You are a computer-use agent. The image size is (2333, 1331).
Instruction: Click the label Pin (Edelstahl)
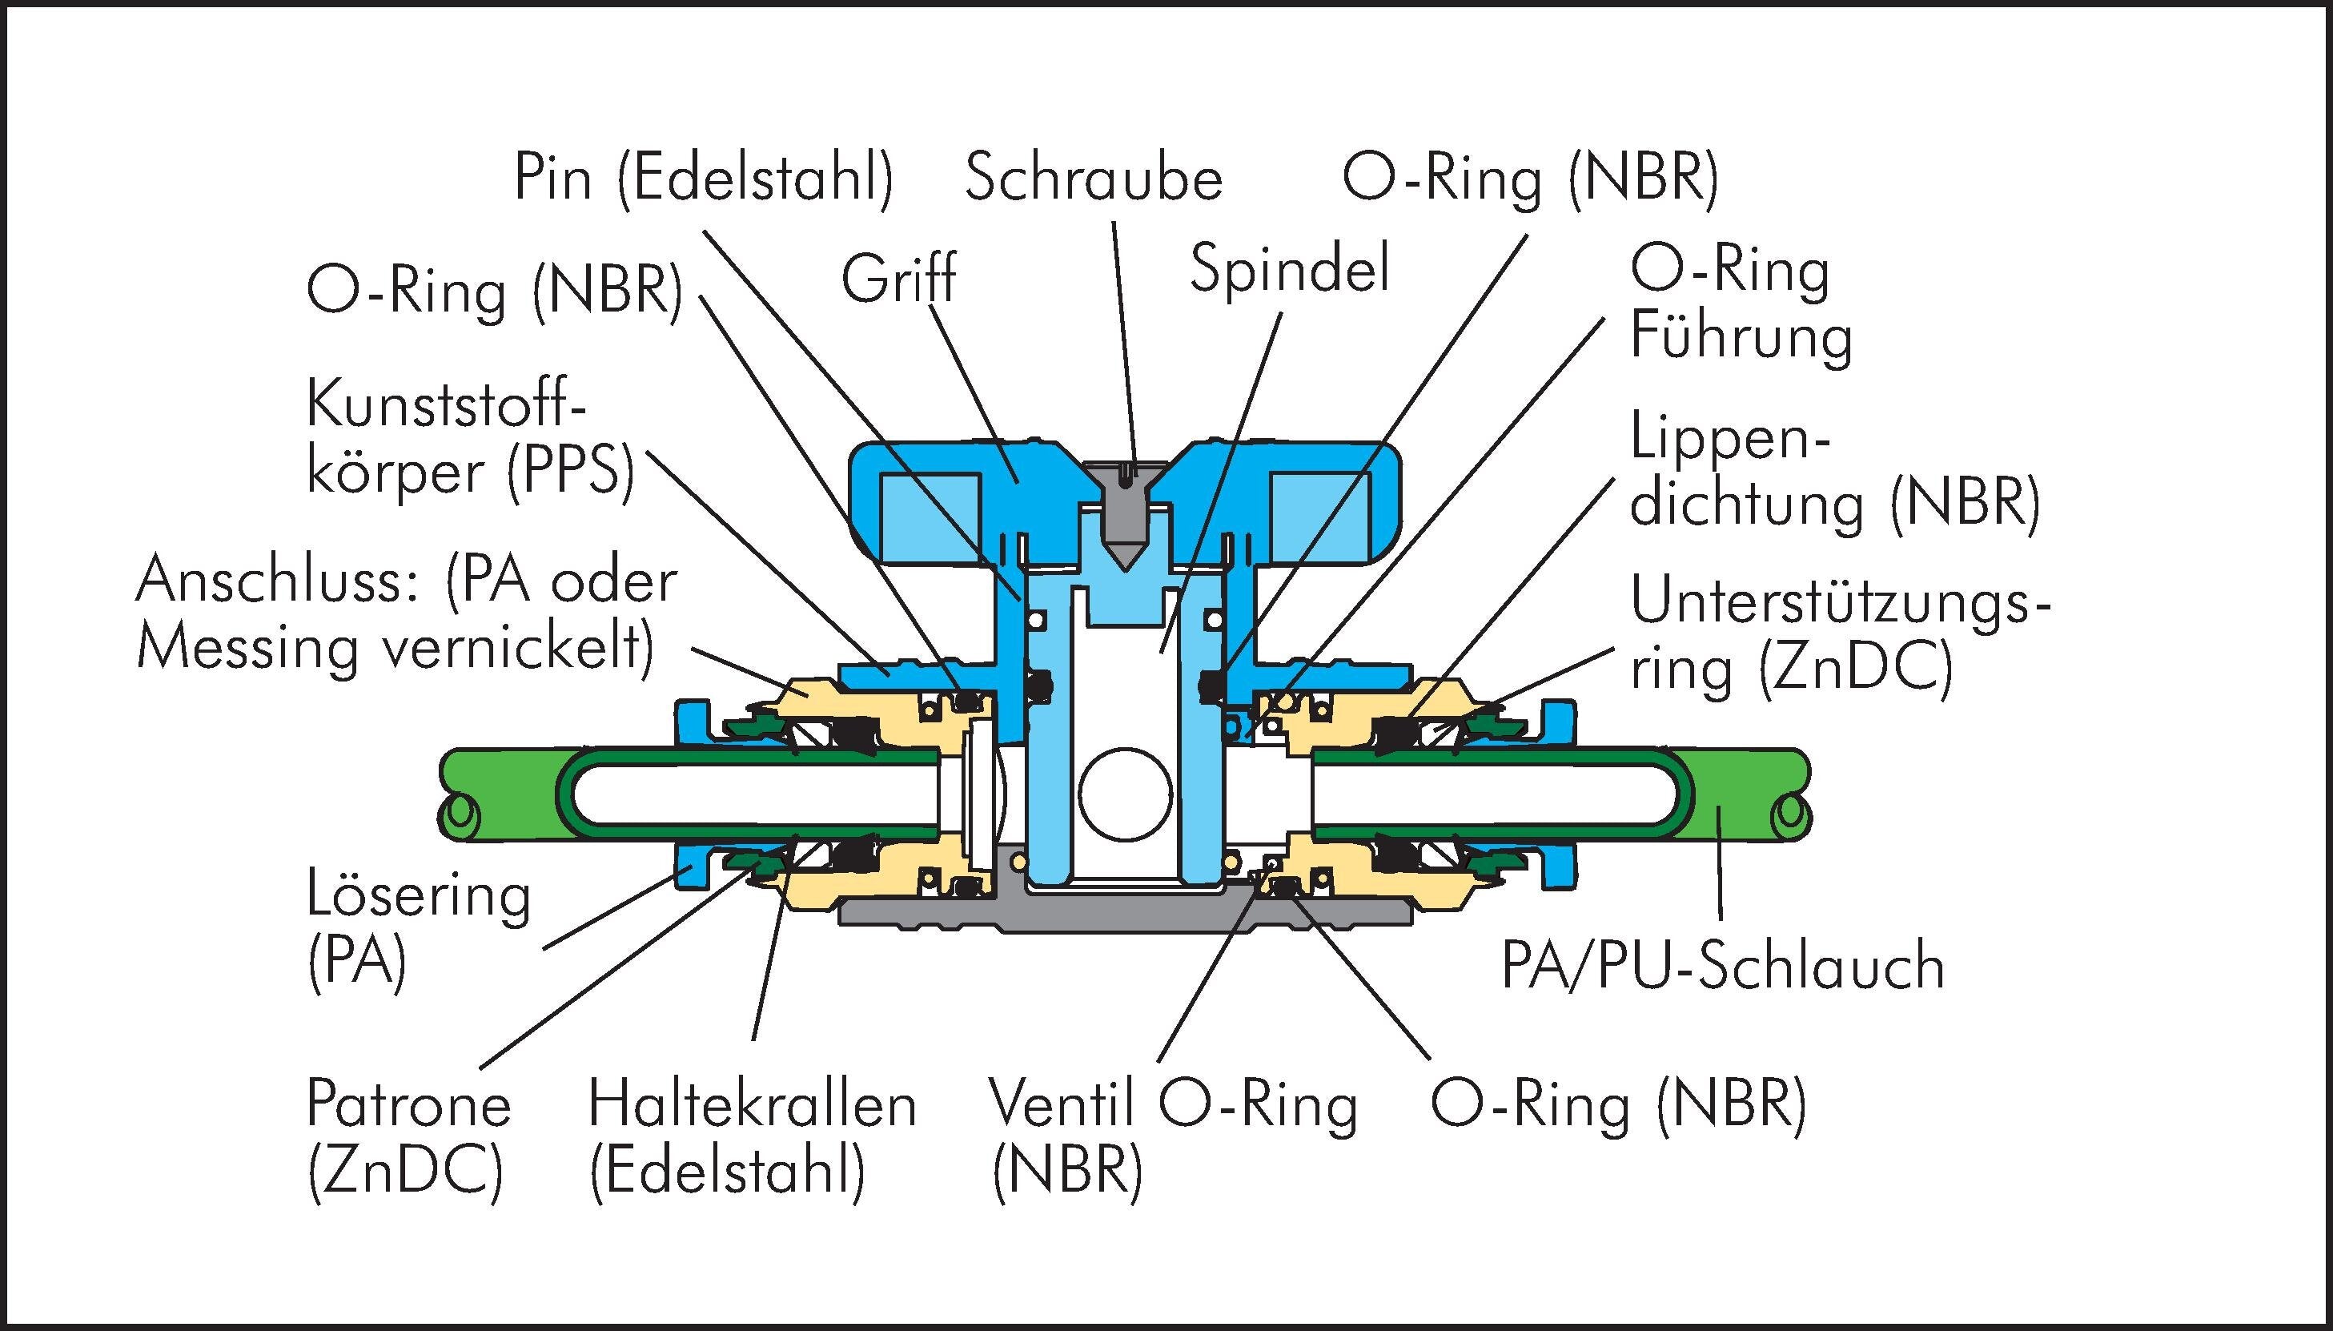click(x=704, y=179)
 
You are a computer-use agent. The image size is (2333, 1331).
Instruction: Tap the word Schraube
click(x=1094, y=179)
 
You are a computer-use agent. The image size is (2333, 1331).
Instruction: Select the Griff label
click(x=898, y=279)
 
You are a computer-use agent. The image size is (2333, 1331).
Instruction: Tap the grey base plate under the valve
click(x=1051, y=914)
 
